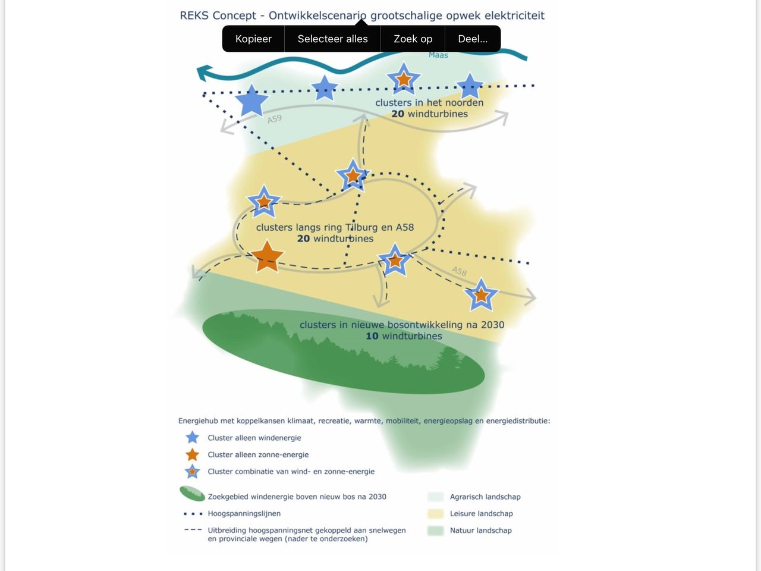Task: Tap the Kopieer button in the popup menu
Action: coord(253,39)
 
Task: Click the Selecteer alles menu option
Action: coord(332,39)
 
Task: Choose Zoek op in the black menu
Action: coord(413,39)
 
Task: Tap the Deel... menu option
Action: coord(473,39)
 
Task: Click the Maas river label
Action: coord(438,55)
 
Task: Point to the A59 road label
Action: coord(274,119)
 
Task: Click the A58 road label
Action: coord(459,271)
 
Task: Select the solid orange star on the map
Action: coord(267,256)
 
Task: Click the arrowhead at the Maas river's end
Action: coord(203,73)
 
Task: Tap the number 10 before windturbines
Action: coord(372,336)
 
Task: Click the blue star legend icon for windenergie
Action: coord(192,438)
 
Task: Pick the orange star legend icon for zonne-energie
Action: coord(192,454)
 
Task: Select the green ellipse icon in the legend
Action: coord(192,494)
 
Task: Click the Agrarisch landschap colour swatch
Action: coord(435,497)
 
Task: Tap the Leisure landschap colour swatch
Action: coord(435,513)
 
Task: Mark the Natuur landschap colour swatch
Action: coord(435,530)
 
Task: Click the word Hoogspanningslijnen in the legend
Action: coord(244,513)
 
